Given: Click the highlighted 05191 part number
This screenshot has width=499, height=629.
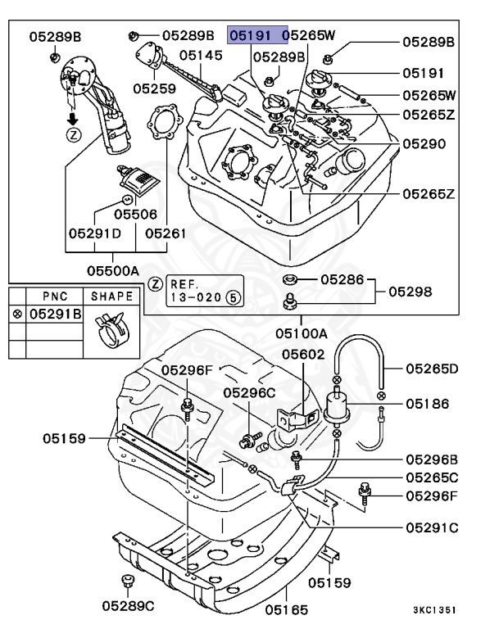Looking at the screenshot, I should (253, 36).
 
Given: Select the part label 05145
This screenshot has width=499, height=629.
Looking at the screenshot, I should (201, 56).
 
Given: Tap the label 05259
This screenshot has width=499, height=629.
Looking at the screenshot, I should (155, 87).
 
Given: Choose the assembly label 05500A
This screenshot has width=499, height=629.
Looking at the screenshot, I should (113, 269).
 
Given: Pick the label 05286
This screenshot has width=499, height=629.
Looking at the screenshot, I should (341, 279).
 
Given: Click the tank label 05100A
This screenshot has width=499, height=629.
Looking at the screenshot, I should (301, 333).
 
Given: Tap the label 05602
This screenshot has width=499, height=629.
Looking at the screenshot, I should (303, 355).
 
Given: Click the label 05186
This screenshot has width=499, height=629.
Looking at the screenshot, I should (428, 404).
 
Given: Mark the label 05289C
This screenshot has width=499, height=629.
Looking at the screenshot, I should (129, 606).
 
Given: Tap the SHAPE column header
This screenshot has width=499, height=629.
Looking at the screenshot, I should (111, 296).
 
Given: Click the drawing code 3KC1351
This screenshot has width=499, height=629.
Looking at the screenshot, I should (434, 610).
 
